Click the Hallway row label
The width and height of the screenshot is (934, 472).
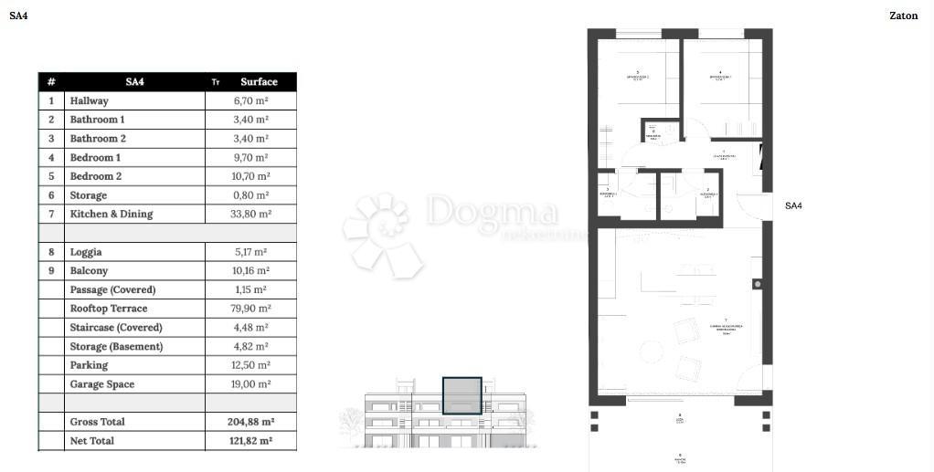click(89, 100)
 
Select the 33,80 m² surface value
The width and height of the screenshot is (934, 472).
click(251, 214)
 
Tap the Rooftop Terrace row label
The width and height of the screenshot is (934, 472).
click(108, 309)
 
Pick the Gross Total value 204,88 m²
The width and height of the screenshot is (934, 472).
click(251, 422)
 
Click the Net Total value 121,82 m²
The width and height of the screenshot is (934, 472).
click(251, 441)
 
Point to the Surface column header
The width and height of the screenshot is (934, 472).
click(259, 81)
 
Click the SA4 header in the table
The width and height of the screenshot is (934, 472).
click(134, 81)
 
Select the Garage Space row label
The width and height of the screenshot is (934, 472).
click(101, 384)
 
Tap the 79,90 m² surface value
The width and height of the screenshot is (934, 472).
click(251, 309)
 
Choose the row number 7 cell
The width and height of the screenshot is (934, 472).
click(51, 214)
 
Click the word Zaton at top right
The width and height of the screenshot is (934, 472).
click(903, 16)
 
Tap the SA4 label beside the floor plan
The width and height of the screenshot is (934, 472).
click(793, 206)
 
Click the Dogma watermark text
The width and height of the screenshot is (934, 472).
click(491, 212)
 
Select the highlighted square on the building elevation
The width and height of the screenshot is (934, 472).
click(462, 395)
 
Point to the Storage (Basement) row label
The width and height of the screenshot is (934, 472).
click(116, 346)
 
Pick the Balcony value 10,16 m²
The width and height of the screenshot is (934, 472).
click(251, 270)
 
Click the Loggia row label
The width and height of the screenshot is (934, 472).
click(86, 252)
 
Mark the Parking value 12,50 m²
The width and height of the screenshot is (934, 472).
click(251, 365)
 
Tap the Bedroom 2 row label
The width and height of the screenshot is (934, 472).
click(95, 176)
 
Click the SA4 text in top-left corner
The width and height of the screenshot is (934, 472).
click(18, 16)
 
